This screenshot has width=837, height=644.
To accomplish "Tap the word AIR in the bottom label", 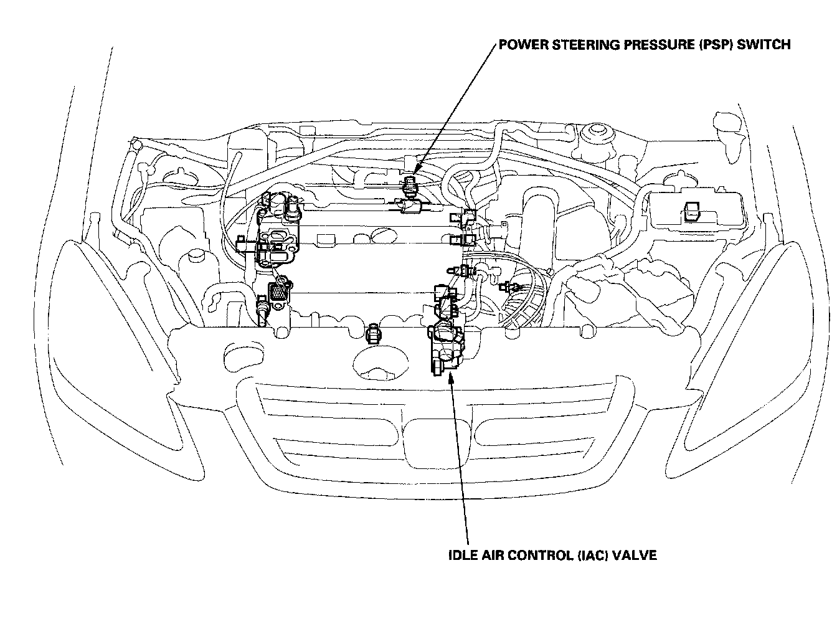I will (491, 555).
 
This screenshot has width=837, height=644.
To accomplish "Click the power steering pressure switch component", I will (411, 184).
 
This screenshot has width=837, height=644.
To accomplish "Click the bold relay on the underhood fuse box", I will (691, 212).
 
